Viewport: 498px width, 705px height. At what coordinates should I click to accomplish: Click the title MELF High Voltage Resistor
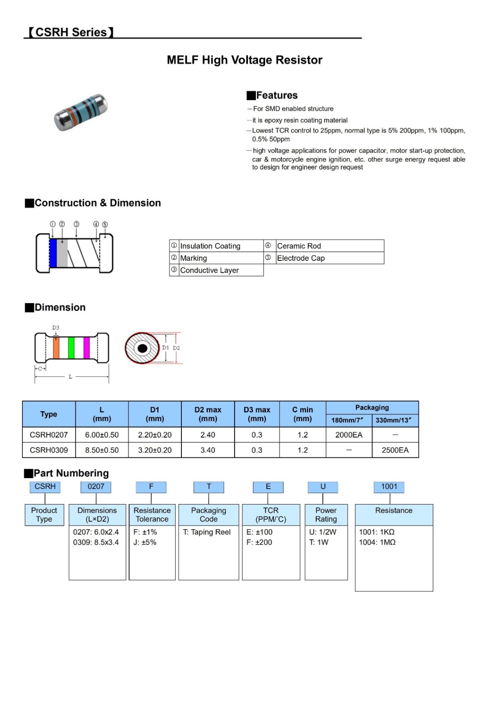click(244, 60)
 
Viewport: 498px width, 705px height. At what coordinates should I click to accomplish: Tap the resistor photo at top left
click(81, 112)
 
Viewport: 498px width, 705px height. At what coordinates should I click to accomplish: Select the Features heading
click(272, 95)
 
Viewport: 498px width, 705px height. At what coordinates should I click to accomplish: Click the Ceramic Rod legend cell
click(329, 246)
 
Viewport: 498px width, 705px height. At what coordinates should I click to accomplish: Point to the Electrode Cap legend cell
click(329, 258)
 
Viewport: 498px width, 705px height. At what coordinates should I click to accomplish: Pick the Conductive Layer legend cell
click(220, 270)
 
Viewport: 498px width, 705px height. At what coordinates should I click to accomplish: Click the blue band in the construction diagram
click(53, 253)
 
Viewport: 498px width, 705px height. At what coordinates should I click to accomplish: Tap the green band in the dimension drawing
click(71, 348)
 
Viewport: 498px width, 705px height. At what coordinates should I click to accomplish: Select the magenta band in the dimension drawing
click(86, 348)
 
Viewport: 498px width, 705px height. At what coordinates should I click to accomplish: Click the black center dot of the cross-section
click(142, 349)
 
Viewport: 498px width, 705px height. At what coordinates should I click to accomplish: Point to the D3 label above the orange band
click(55, 328)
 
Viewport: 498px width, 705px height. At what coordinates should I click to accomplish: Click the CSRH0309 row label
click(49, 450)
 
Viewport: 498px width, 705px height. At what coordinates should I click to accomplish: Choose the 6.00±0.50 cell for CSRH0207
click(102, 435)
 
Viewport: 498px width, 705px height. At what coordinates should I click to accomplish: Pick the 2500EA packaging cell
click(395, 450)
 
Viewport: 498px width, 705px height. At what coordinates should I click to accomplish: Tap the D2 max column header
click(208, 414)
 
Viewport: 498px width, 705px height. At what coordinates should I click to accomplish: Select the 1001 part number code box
click(389, 486)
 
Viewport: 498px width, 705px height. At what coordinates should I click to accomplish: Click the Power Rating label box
click(326, 515)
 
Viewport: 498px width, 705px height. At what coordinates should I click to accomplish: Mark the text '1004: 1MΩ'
click(377, 542)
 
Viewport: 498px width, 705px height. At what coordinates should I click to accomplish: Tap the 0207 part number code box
click(96, 486)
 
